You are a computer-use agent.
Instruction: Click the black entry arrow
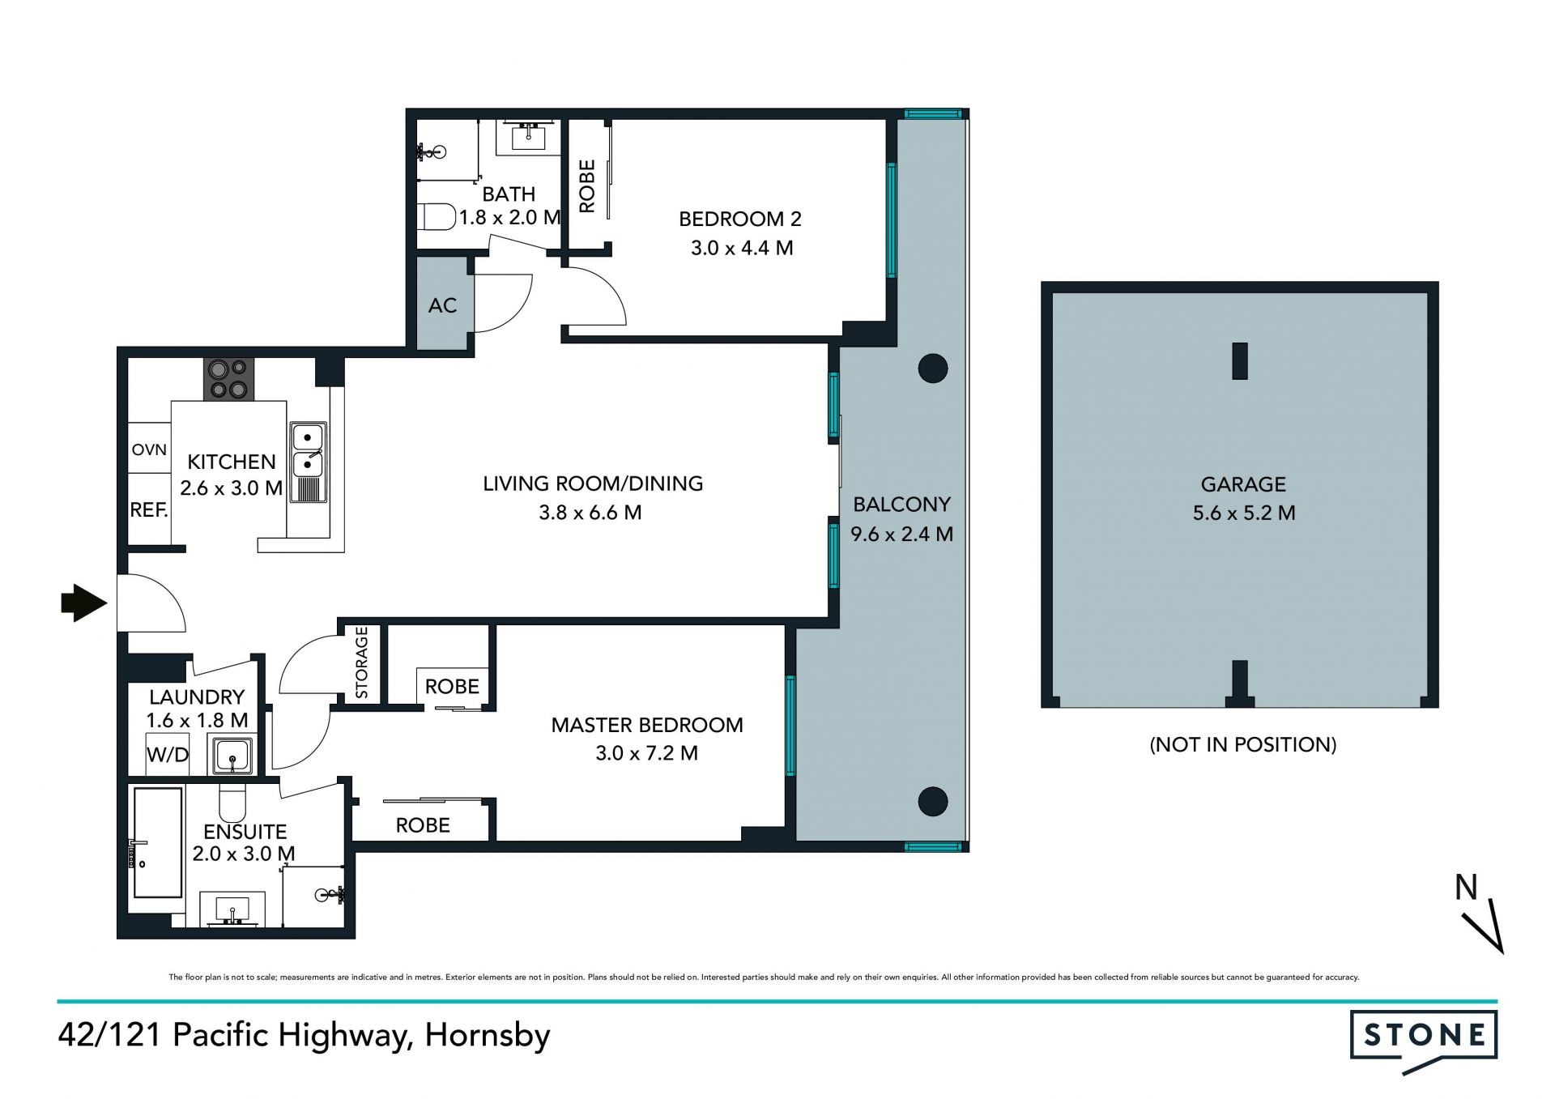tap(84, 603)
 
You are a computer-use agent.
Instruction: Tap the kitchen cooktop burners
tap(228, 379)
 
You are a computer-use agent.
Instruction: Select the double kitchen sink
tap(309, 462)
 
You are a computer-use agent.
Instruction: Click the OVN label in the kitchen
tap(149, 449)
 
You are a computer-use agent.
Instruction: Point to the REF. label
tap(149, 509)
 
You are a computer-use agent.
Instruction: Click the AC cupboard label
tap(442, 305)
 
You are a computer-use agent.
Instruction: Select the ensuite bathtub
tap(158, 842)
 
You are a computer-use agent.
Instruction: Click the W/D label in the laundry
tap(168, 755)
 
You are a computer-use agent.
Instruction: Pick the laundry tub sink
tap(232, 755)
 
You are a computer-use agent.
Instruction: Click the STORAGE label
tap(361, 662)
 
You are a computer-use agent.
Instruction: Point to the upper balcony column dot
tap(933, 368)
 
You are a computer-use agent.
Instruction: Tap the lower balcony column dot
tap(933, 802)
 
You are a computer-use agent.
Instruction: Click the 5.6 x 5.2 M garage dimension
tap(1244, 513)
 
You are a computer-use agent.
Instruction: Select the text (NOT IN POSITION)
tap(1243, 744)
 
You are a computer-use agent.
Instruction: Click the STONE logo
tap(1424, 1040)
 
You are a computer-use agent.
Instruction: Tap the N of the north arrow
tap(1466, 888)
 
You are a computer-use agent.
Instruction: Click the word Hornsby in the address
tap(488, 1036)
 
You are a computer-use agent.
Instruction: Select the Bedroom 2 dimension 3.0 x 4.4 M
tap(742, 248)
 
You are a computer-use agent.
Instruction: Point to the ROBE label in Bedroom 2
tap(587, 186)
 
